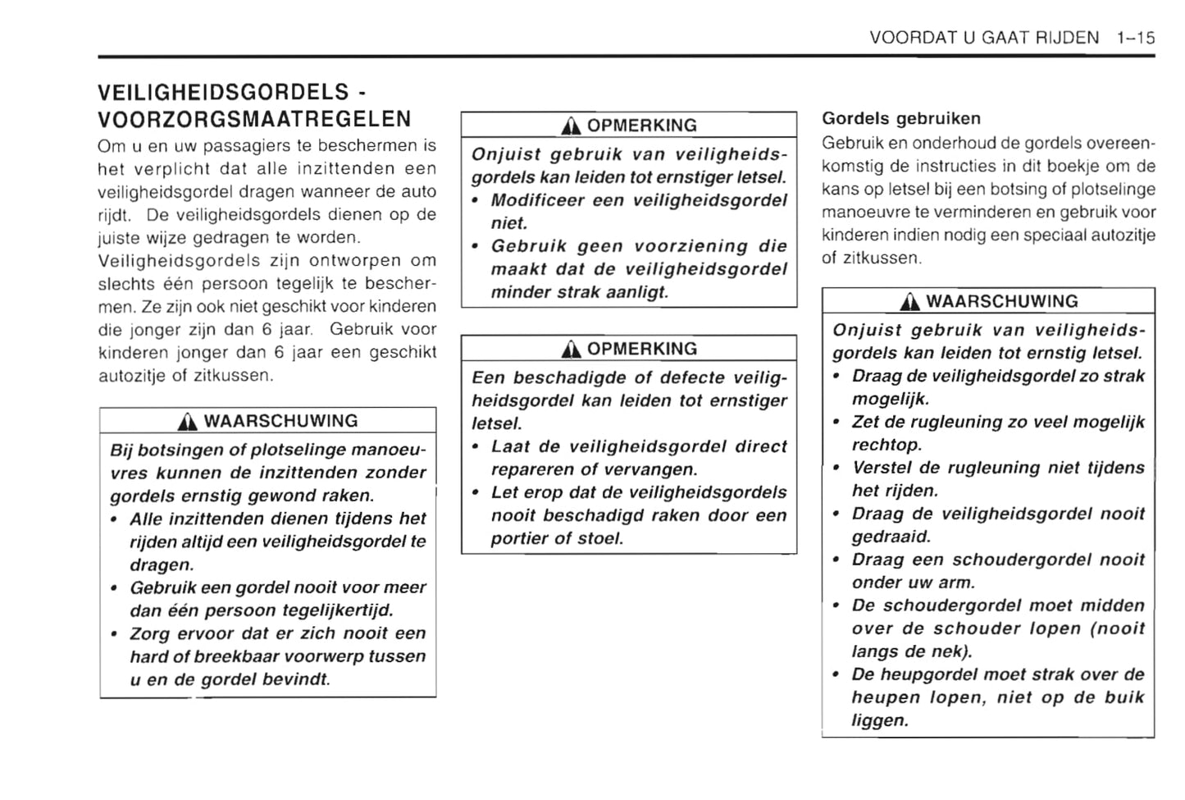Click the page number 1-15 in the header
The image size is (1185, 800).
point(1135,38)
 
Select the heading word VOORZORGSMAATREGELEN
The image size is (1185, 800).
point(254,120)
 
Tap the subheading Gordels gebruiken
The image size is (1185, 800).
point(901,118)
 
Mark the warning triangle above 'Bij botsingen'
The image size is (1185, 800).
point(189,422)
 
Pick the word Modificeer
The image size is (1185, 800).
point(537,200)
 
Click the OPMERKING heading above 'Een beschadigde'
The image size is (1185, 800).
point(641,349)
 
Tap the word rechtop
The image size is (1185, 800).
point(886,445)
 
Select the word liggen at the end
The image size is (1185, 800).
point(880,720)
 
